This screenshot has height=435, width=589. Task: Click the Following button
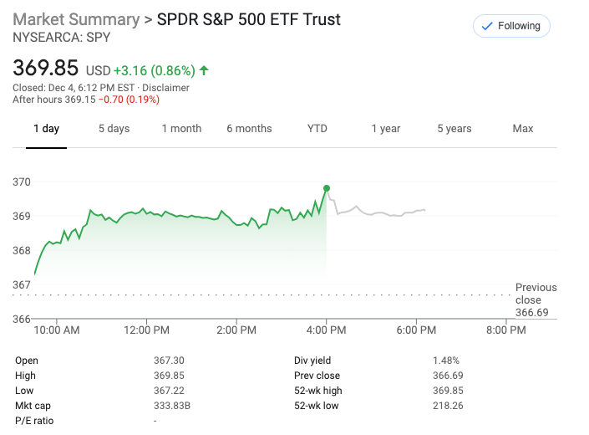(511, 26)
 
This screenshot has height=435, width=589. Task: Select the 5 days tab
(114, 129)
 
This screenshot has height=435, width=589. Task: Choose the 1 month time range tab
(181, 129)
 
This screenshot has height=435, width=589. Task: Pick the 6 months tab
(249, 129)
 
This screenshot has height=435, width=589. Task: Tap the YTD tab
(317, 129)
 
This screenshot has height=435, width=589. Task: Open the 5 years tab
(454, 129)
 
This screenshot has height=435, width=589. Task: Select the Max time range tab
(523, 129)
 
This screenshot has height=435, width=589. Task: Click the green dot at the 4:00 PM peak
(327, 188)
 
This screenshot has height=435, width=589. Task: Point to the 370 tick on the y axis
(22, 182)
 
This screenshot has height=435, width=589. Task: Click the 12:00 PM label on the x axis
(146, 330)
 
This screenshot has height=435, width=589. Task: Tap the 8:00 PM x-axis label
(505, 330)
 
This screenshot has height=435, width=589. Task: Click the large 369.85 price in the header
(45, 68)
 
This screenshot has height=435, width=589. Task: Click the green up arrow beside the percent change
(204, 70)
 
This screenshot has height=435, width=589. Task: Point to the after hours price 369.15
(79, 100)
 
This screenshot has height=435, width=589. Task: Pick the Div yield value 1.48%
(446, 361)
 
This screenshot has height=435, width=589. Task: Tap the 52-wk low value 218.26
(449, 406)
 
